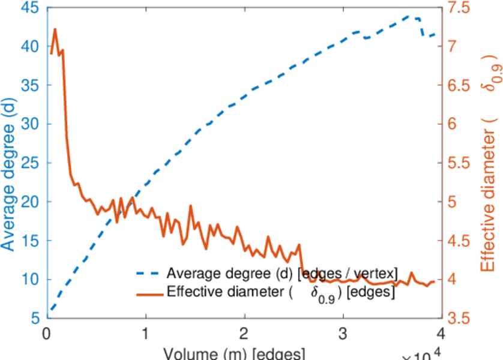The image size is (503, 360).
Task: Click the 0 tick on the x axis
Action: (46, 332)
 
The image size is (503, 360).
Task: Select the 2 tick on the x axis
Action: (244, 332)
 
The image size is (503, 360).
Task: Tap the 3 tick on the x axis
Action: (343, 332)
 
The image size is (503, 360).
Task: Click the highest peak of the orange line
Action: (55, 29)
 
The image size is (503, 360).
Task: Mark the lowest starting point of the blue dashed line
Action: (51, 310)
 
